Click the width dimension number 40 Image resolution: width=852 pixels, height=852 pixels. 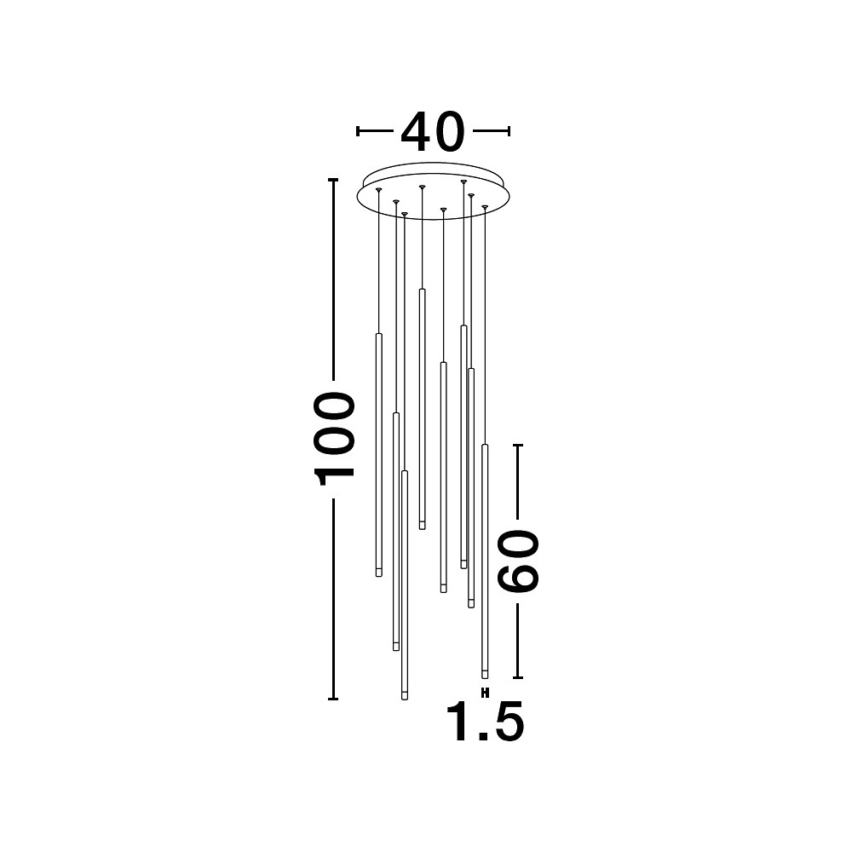tap(433, 132)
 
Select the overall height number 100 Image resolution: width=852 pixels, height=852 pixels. tap(334, 439)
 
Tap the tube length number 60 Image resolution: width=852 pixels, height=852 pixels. tap(520, 561)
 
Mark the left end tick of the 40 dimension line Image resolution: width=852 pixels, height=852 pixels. tap(358, 131)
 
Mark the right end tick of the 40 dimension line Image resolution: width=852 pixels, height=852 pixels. tap(509, 131)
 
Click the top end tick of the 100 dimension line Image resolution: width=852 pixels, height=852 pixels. tap(333, 179)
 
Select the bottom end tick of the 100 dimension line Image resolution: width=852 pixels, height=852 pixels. tap(333, 699)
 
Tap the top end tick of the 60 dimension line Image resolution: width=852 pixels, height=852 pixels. tap(518, 445)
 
